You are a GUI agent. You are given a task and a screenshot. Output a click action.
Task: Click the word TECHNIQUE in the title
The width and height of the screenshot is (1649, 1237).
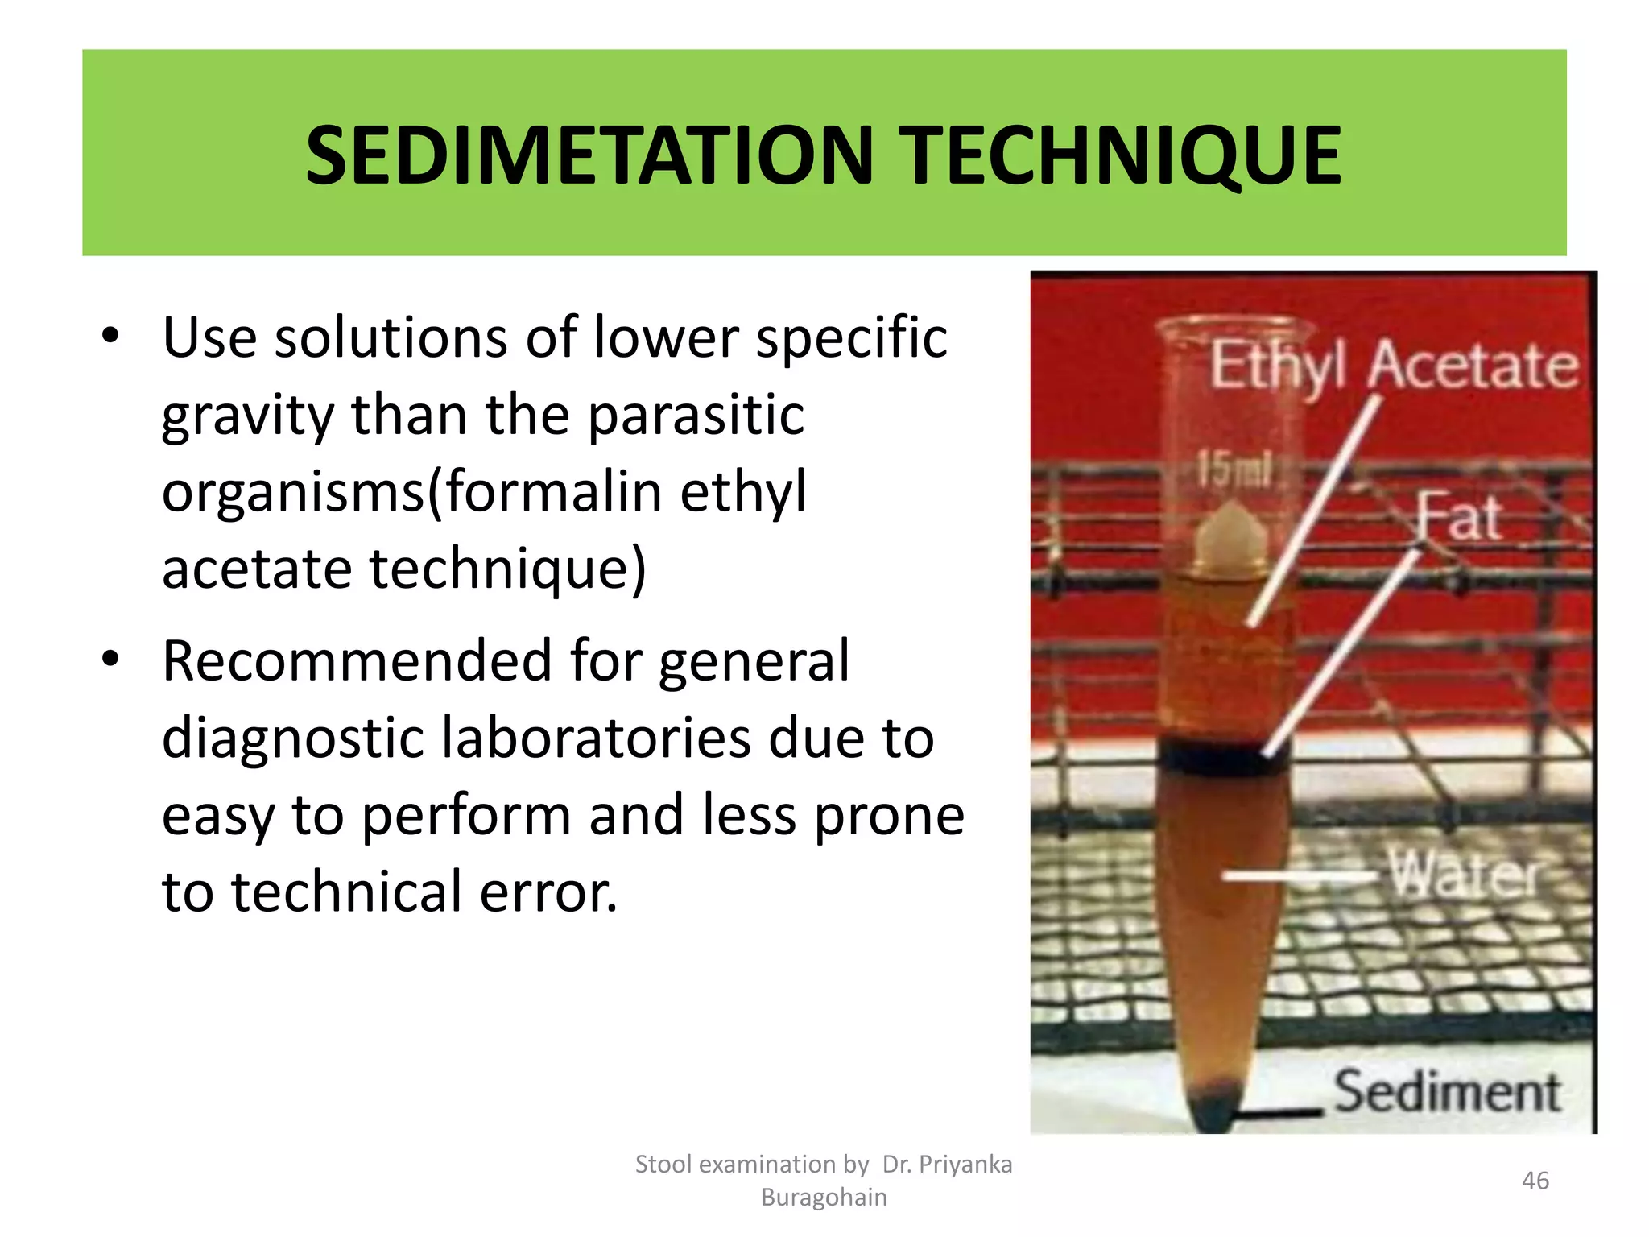click(x=1120, y=155)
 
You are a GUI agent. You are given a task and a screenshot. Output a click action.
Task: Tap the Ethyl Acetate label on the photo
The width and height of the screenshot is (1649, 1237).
click(x=1394, y=366)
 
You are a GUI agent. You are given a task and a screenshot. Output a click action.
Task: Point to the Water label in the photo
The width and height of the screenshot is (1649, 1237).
click(x=1463, y=875)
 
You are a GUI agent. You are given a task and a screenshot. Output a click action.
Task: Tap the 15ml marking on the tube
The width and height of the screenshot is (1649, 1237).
click(x=1233, y=469)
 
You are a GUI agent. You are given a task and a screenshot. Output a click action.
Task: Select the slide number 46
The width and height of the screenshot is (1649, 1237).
click(x=1535, y=1181)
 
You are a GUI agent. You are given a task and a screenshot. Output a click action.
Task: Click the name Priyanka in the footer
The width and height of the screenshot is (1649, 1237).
click(x=965, y=1165)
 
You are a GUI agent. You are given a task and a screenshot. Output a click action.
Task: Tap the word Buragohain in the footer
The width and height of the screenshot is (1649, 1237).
click(x=824, y=1198)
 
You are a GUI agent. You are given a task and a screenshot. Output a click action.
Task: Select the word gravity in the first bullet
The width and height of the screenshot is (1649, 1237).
click(x=247, y=417)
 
